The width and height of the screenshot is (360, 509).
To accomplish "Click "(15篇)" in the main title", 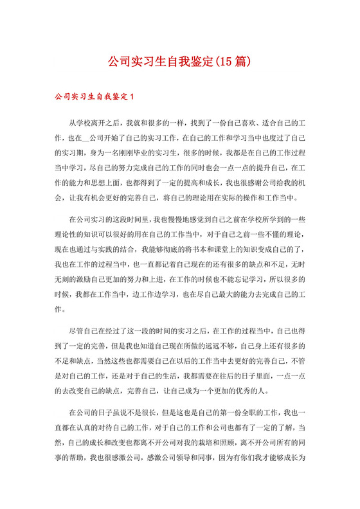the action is (x=230, y=62).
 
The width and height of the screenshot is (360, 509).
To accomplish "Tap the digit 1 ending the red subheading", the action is (x=131, y=97).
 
